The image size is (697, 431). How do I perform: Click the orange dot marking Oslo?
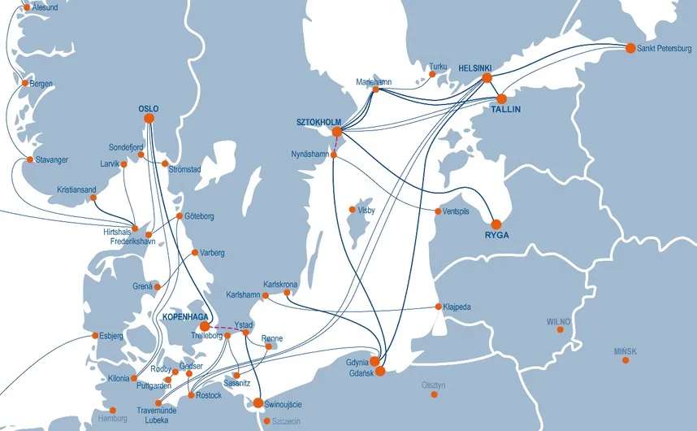click(x=149, y=119)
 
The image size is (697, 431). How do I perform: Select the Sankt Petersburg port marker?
click(x=630, y=48)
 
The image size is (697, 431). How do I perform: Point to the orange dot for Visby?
click(x=352, y=210)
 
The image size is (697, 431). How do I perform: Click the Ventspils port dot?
click(x=438, y=211)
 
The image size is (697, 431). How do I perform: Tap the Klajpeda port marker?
click(x=439, y=307)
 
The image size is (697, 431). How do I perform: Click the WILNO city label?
click(x=559, y=321)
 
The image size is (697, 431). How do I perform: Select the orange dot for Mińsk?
click(x=625, y=359)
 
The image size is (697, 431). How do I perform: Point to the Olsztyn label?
click(x=434, y=385)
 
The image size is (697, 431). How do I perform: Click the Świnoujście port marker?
click(x=258, y=403)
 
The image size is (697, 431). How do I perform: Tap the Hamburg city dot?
click(x=112, y=411)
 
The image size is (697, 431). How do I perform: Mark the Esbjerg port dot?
click(x=96, y=335)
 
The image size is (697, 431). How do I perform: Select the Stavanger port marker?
click(x=30, y=160)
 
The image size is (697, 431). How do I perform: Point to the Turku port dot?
click(x=432, y=75)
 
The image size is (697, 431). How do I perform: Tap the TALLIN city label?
click(x=505, y=109)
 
